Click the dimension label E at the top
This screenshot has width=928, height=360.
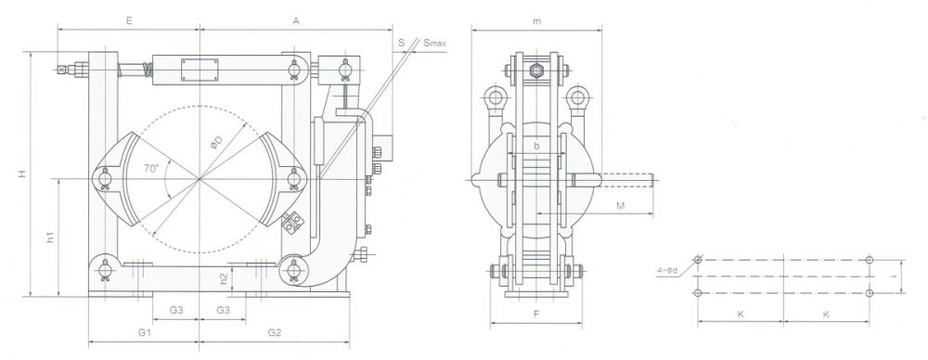pos(128,20)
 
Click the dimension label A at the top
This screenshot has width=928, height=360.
pos(297,20)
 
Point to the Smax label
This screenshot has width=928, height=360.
pos(435,44)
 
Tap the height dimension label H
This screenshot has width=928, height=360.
pos(22,174)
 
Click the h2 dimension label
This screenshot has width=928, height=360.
pos(224,278)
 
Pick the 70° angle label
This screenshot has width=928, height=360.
pos(151,168)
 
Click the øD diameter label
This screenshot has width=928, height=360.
pos(216,143)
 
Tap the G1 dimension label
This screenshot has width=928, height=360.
pos(145,333)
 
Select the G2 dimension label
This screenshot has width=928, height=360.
pos(274,333)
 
